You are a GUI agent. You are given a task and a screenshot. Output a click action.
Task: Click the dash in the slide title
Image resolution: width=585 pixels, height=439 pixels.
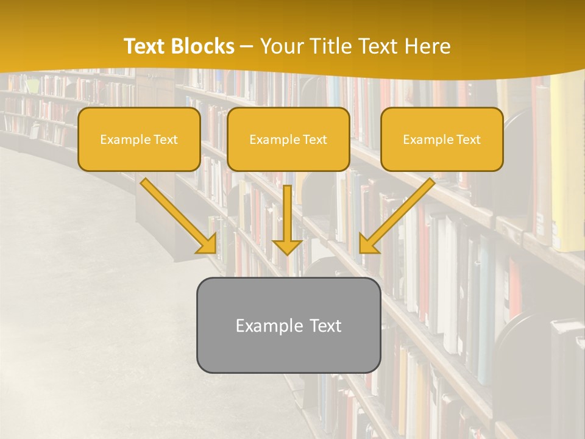pos(247,47)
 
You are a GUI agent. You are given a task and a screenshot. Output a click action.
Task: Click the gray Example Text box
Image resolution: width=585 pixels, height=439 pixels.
pos(288,351)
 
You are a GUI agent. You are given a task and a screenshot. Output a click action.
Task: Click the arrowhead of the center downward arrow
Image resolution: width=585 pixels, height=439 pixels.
pos(287,246)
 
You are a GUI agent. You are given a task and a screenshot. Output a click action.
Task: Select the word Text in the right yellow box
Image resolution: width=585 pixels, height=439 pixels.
pos(469,140)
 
